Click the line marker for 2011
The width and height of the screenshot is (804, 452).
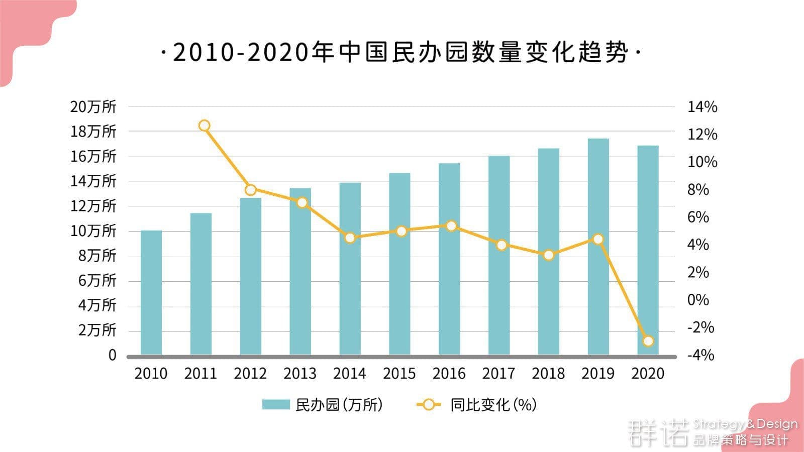tap(204, 126)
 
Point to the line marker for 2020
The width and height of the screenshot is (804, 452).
tap(648, 341)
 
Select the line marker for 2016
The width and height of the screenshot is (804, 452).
tap(451, 226)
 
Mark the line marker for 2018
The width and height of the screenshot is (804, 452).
tap(549, 255)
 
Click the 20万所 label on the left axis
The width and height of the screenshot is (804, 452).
tap(93, 106)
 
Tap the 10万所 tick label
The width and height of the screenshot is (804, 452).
tap(93, 231)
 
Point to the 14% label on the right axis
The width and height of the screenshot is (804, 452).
tap(702, 107)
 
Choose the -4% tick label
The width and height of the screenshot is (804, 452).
tap(700, 355)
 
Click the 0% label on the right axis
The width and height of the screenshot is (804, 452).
tap(698, 300)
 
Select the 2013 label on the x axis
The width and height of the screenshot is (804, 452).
tap(300, 374)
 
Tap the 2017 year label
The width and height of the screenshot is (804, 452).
tap(498, 374)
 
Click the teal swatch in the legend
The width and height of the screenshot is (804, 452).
tap(276, 405)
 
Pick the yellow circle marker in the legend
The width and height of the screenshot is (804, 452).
tap(429, 405)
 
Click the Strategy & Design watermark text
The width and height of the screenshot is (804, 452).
tap(745, 424)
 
